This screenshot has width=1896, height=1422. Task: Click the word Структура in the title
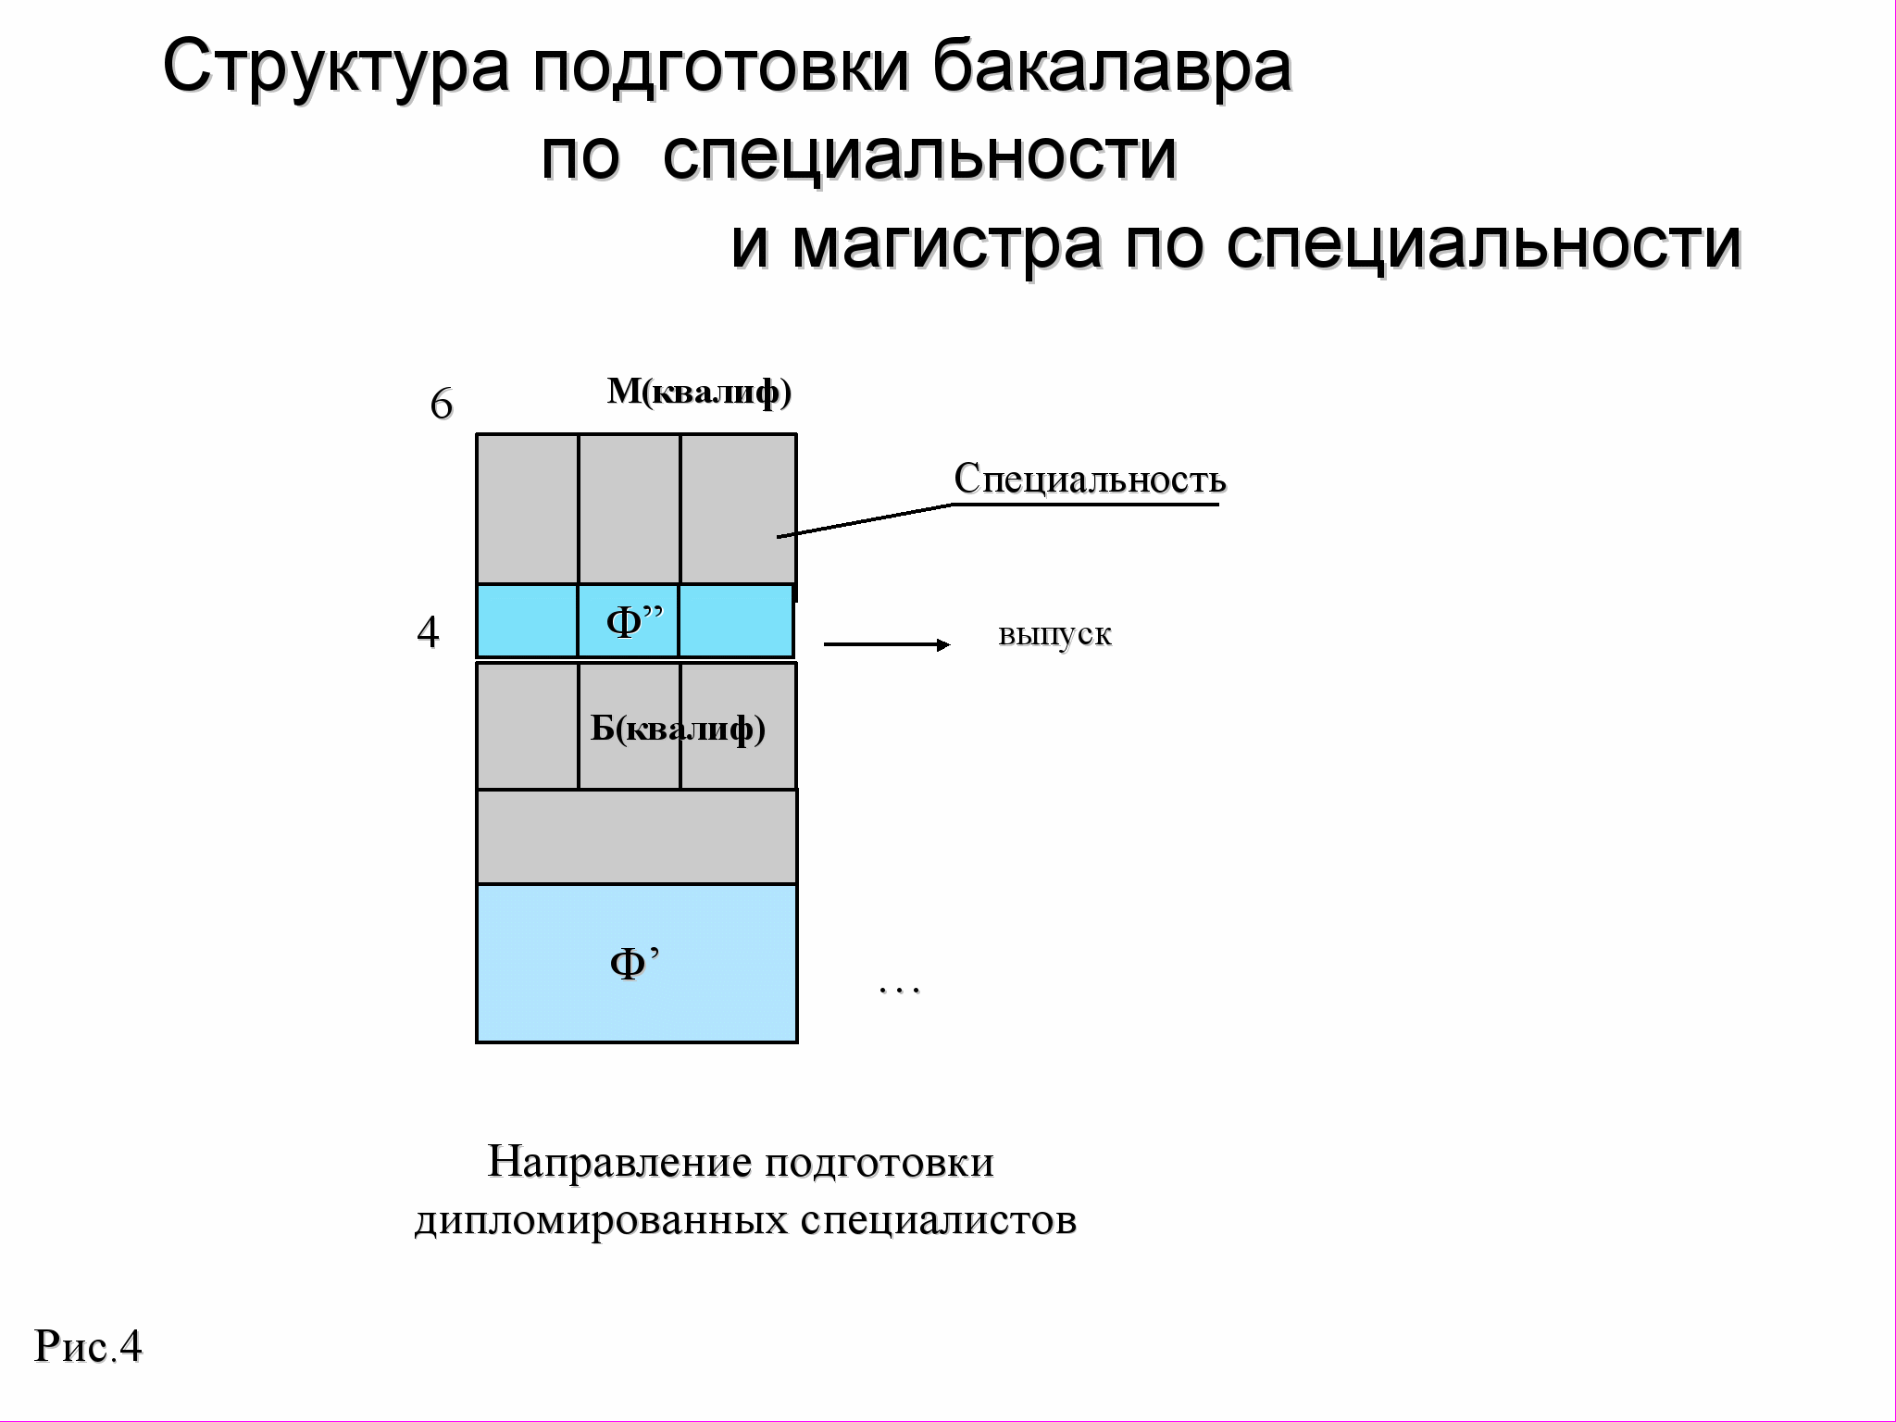(335, 67)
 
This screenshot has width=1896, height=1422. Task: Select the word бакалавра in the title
(1111, 67)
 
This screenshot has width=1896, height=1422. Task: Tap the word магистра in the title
(946, 244)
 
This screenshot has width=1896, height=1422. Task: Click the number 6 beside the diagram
(442, 405)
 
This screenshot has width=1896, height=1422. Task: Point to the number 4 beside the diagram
(428, 632)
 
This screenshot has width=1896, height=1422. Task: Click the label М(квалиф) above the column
(699, 393)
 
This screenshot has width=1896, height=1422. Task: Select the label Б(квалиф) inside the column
(678, 729)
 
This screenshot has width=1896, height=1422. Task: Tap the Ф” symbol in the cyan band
(634, 621)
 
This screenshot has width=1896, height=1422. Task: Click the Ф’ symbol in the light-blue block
(634, 963)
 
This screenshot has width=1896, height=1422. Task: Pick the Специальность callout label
(1090, 480)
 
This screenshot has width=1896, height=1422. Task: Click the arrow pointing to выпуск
(886, 644)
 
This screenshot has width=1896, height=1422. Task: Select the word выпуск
(1054, 635)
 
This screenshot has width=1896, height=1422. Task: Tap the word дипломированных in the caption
(602, 1220)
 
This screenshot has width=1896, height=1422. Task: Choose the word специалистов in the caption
(938, 1220)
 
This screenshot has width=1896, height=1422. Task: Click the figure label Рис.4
(88, 1347)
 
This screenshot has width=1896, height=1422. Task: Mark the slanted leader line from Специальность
(866, 520)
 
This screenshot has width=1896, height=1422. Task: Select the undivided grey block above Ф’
(636, 837)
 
